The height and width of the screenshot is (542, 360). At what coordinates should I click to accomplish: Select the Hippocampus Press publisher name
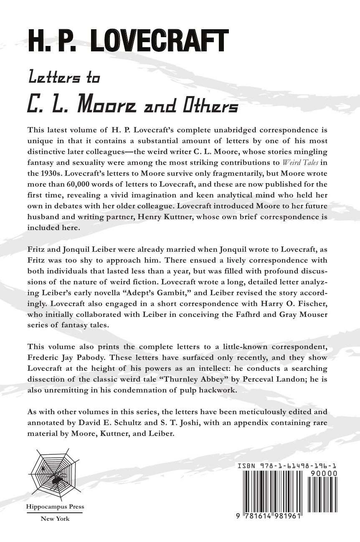(55, 507)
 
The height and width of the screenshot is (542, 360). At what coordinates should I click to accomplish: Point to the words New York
(55, 519)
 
